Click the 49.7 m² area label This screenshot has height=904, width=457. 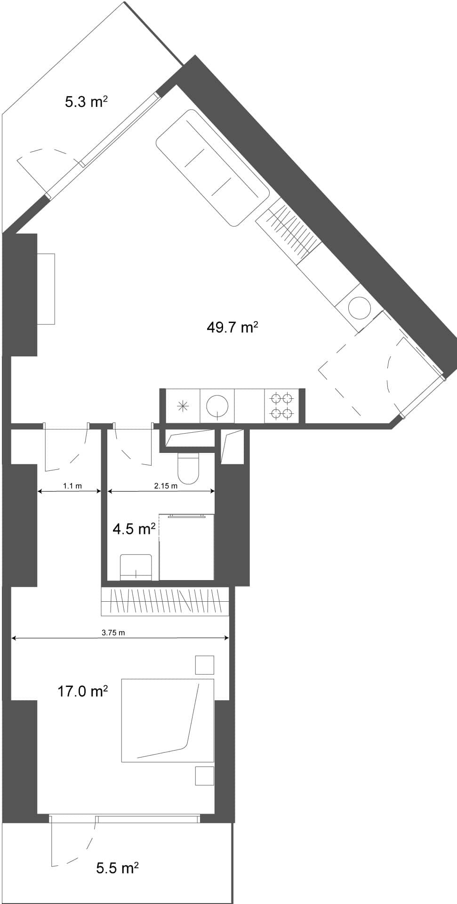click(233, 327)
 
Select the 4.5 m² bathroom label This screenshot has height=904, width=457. click(134, 529)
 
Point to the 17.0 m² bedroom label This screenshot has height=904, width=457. click(83, 692)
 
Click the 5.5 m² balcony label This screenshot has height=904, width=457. click(117, 868)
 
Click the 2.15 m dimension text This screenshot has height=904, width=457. click(166, 486)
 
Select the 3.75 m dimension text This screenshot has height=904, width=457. click(113, 632)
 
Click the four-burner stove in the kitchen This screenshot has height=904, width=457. click(281, 406)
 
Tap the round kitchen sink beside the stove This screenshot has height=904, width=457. click(217, 406)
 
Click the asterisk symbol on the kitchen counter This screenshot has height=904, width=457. click(183, 406)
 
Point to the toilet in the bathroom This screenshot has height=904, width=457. click(188, 468)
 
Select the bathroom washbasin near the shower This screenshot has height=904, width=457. click(136, 567)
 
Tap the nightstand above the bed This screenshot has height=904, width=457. click(205, 665)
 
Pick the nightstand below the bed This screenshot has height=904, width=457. click(205, 775)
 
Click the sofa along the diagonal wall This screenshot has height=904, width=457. click(212, 167)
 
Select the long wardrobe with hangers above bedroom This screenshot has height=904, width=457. click(165, 602)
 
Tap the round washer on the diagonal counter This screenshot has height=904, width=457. click(360, 308)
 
